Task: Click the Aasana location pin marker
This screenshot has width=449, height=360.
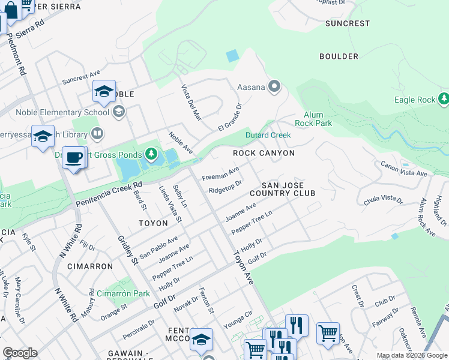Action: [274, 87]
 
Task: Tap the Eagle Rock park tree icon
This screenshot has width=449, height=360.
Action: [444, 98]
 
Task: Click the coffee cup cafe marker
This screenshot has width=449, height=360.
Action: [74, 158]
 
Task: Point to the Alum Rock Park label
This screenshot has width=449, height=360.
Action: [313, 119]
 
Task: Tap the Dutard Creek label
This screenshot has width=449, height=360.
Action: [268, 135]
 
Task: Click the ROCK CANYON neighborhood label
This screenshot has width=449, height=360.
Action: [264, 153]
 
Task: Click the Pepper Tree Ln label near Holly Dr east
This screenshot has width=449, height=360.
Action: [252, 221]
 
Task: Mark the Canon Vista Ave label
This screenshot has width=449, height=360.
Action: [404, 169]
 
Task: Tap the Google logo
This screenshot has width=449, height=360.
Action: [20, 353]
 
